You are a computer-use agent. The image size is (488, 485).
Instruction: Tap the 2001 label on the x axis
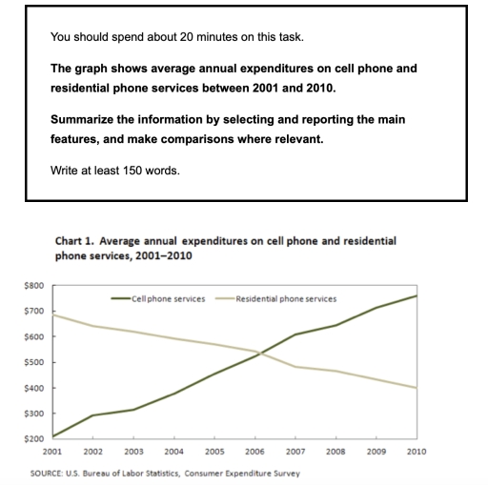point(53,451)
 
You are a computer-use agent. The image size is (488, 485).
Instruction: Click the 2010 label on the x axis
point(417,451)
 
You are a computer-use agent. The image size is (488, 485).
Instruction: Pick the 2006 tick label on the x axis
point(255,451)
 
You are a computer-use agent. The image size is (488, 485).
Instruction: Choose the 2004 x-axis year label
point(174,451)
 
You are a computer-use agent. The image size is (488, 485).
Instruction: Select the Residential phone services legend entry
point(286,298)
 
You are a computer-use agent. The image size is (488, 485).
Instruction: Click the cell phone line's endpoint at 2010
point(417,295)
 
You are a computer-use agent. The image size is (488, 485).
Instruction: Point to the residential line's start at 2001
point(53,314)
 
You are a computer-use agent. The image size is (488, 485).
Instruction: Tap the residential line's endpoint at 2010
point(417,388)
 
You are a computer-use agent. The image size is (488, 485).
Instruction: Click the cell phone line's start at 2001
point(53,436)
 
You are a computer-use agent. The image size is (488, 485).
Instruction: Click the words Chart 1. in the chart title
point(75,243)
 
